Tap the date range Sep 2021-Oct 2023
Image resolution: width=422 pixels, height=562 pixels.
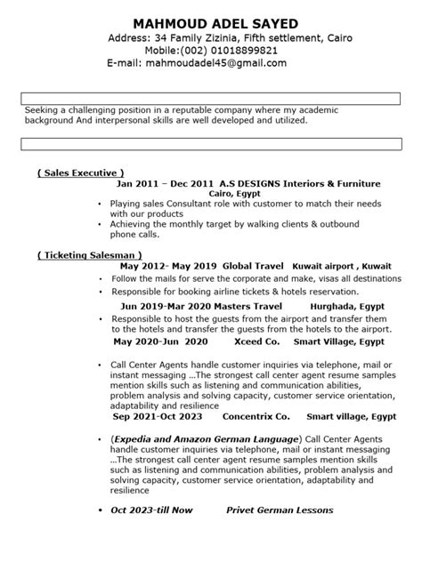pyautogui.click(x=158, y=415)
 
